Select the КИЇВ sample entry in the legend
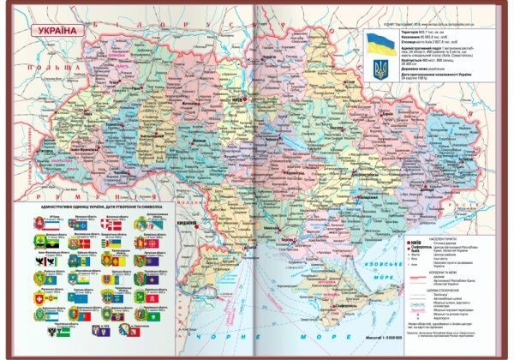tap(422, 243)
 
